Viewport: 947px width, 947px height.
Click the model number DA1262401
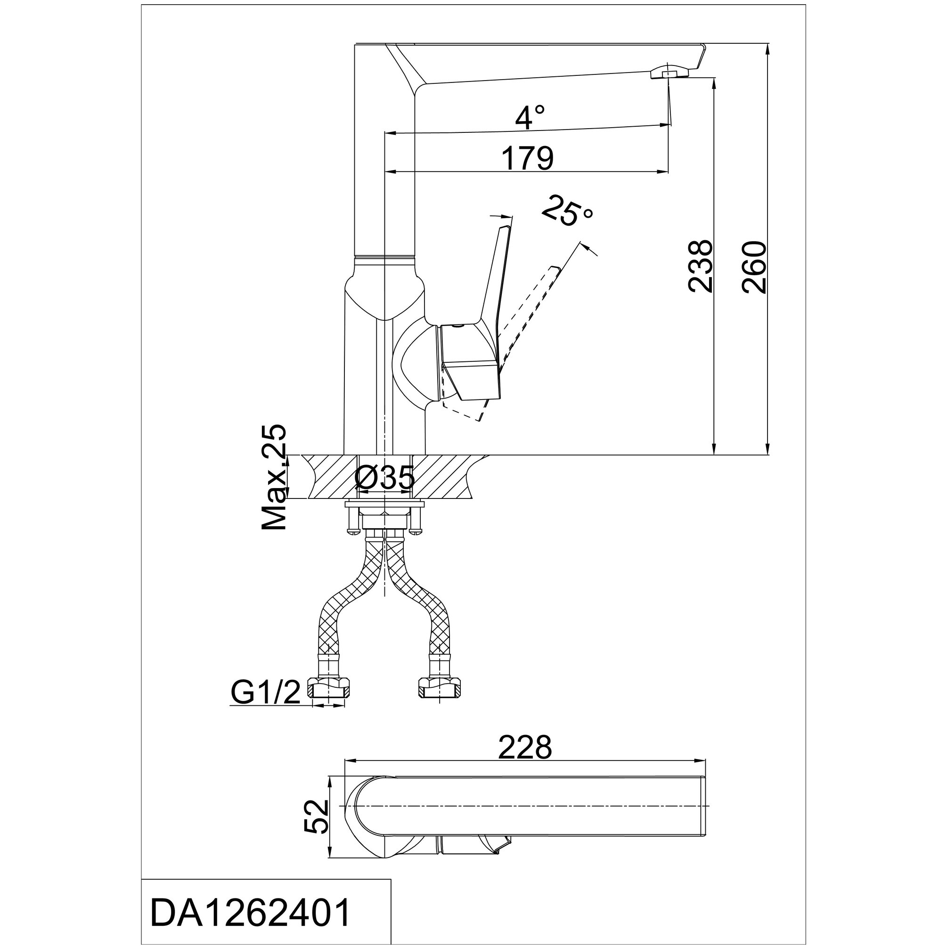pos(251,912)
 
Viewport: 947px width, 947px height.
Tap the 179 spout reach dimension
pos(527,158)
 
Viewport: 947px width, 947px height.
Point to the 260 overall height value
pos(753,266)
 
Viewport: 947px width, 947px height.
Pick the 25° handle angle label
pos(567,211)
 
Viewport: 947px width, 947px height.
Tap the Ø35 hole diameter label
pos(385,477)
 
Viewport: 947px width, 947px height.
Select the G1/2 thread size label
pos(265,693)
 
